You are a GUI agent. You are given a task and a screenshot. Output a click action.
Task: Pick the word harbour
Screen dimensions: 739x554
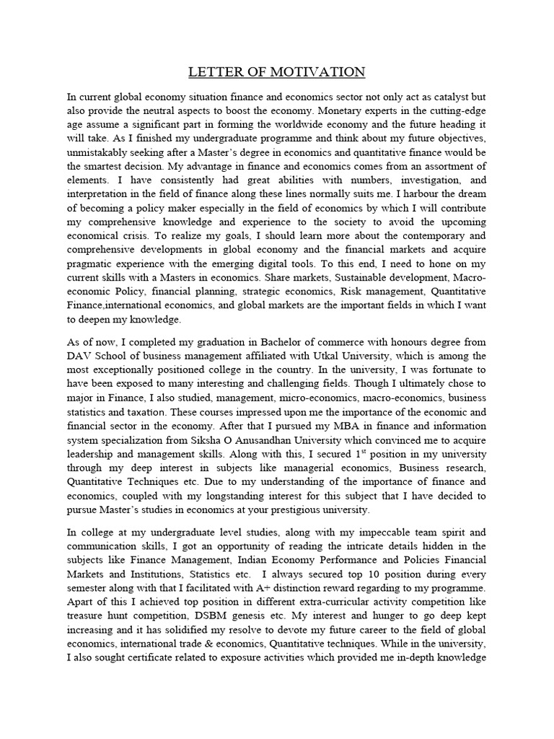pos(421,209)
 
